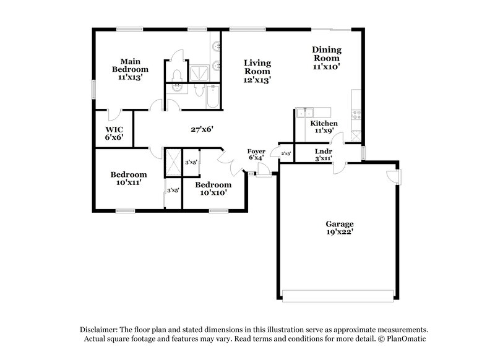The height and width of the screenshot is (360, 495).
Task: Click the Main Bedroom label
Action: (130, 69)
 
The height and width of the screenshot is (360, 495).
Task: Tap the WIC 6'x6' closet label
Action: (114, 132)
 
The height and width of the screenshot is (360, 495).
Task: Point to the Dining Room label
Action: (326, 58)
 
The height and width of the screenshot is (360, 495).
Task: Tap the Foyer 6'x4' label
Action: (256, 154)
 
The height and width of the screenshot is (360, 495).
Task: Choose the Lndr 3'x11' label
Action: (323, 154)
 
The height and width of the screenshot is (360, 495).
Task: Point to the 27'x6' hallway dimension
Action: (202, 129)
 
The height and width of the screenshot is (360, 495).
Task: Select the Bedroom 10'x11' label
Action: (129, 178)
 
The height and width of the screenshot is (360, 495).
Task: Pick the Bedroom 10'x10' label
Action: (213, 189)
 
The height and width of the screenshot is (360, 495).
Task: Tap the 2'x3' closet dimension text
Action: (286, 153)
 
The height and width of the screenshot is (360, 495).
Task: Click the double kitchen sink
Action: (305, 112)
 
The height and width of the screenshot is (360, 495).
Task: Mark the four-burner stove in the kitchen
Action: (356, 114)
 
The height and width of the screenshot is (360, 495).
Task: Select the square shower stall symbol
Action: (200, 71)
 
